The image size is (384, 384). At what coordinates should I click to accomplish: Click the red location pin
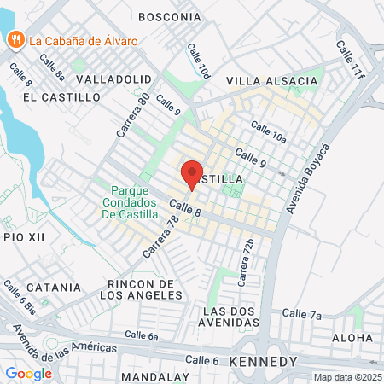(x=192, y=173)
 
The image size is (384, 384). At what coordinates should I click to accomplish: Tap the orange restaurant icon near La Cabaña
(x=15, y=39)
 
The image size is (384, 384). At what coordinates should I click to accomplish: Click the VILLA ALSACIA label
(x=271, y=81)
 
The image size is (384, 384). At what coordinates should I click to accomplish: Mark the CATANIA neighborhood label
(x=52, y=288)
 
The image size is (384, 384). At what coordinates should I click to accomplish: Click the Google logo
(x=28, y=374)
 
